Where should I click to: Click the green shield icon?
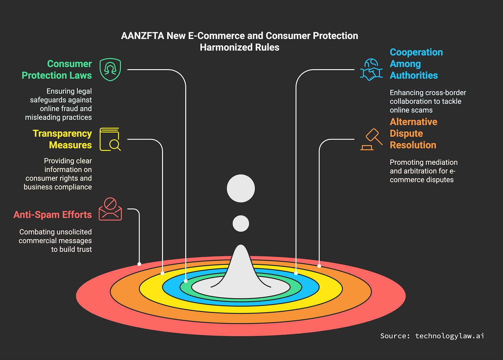[110, 69]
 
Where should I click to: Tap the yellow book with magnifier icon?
[110, 139]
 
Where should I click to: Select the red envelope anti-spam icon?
[110, 209]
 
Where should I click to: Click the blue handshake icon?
[371, 69]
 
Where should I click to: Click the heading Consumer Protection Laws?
[57, 69]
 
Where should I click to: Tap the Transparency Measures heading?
[62, 139]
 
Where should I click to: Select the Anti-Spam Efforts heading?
[53, 215]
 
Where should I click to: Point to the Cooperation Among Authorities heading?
[416, 64]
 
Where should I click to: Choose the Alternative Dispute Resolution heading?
[413, 133]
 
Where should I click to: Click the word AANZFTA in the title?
[142, 36]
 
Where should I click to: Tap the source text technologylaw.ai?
[449, 336]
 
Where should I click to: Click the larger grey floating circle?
[241, 188]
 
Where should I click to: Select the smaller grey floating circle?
[241, 224]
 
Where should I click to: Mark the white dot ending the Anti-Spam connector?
[139, 264]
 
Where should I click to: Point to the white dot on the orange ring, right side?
[319, 266]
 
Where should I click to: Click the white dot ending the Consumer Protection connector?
[186, 281]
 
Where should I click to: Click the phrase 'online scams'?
[411, 110]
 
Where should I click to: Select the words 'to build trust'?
[72, 249]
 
